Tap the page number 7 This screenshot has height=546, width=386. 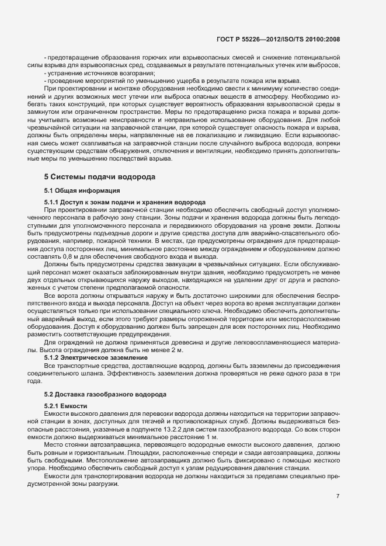(x=338, y=496)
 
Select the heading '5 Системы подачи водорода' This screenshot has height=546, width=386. (x=100, y=176)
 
